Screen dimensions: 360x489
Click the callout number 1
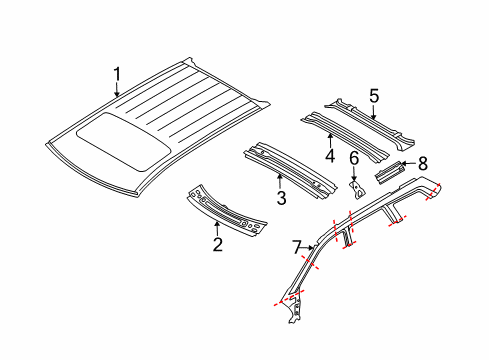coord(117,73)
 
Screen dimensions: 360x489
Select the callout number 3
coord(281,198)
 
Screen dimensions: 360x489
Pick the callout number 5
coord(374,96)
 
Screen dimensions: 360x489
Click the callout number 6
coord(353,158)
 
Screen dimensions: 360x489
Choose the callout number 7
coord(295,246)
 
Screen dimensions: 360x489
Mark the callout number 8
coord(422,162)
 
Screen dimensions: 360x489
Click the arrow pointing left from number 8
coord(404,164)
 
